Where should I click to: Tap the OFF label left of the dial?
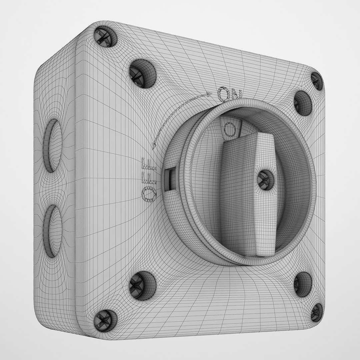[x=149, y=179]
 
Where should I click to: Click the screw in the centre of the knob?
[x=266, y=180]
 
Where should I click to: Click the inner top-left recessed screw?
[x=142, y=73]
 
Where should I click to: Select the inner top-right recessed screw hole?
[x=302, y=103]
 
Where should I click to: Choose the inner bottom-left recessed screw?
[x=142, y=285]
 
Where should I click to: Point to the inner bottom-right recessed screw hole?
[x=302, y=284]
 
